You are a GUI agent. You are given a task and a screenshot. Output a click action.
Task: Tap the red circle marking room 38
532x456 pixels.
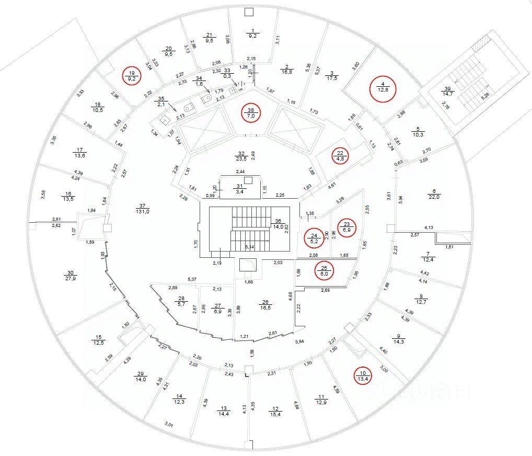coord(251,112)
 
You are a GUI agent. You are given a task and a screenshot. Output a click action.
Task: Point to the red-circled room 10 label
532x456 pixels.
coord(362,376)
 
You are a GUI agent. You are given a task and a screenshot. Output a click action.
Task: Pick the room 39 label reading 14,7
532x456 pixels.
coord(449,91)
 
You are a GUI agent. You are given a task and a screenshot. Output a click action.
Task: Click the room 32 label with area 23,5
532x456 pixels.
coord(241,157)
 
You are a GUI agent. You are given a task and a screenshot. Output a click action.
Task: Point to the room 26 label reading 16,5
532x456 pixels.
coord(265,305)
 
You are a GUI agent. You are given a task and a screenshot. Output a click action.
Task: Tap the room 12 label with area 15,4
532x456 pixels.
coord(276,412)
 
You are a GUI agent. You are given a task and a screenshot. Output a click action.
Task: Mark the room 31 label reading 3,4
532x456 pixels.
coord(240,189)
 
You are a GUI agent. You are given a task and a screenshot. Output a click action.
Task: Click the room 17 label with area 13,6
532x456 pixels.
coord(79,152)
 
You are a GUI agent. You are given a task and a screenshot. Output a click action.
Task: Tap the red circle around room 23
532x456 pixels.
coord(346,226)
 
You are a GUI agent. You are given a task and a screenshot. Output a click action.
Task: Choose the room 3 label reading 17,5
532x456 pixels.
coord(331,75)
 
